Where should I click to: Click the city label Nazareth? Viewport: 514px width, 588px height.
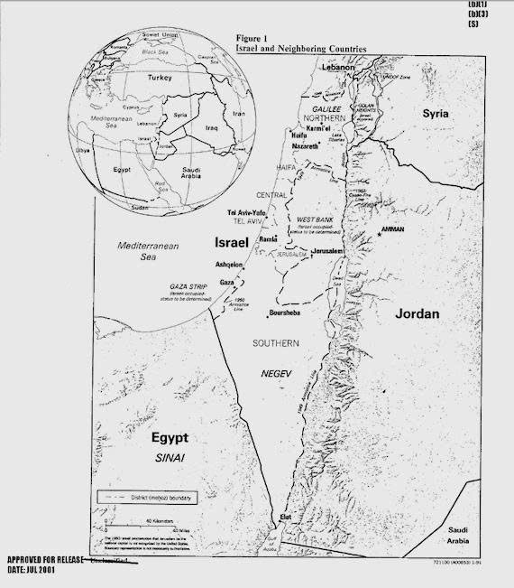(305, 145)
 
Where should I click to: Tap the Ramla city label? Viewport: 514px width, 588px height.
(268, 239)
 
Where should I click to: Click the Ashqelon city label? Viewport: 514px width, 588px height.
(229, 264)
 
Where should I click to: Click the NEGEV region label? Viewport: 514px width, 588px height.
(277, 373)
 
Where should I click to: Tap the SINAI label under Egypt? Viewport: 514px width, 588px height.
(170, 460)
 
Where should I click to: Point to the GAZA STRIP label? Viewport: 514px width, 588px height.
(189, 286)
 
